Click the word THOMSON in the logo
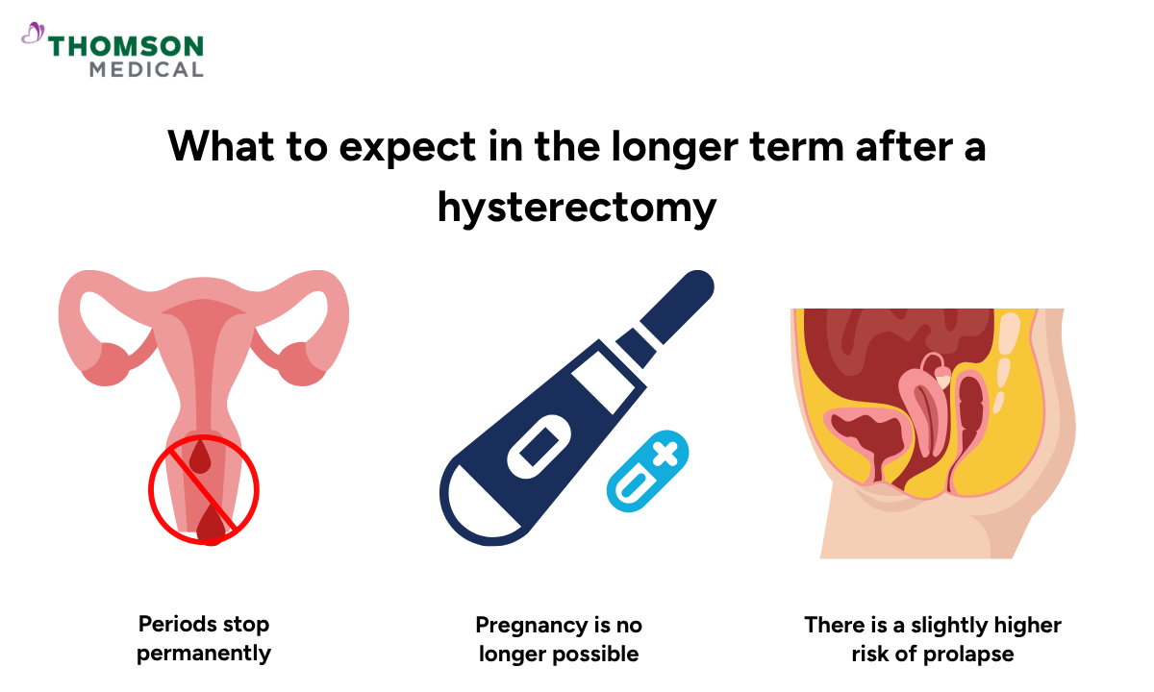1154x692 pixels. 126,46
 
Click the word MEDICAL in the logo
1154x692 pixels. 146,69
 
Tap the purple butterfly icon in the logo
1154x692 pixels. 33,34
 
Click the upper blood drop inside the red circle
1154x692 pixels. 200,455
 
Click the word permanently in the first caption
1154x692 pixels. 204,654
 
